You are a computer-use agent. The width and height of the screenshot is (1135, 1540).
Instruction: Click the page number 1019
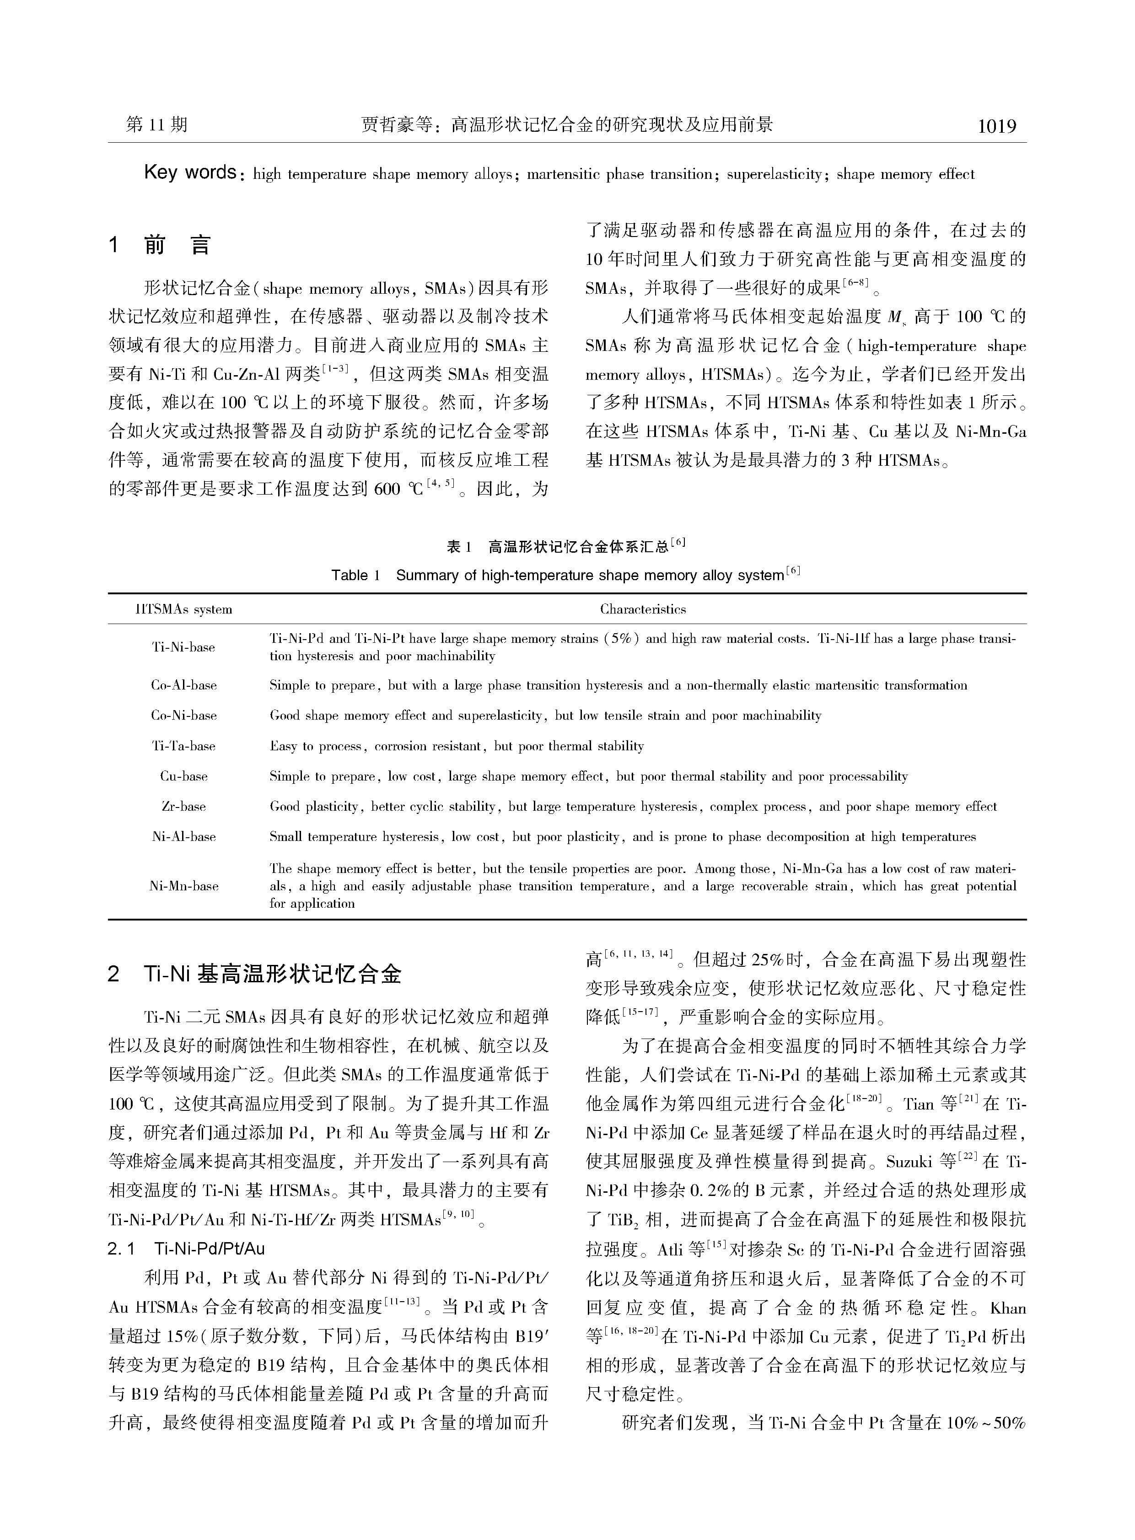tap(996, 126)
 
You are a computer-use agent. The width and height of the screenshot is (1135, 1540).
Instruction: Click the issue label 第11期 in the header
tap(156, 124)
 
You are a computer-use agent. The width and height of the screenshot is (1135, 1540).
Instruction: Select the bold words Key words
tap(190, 172)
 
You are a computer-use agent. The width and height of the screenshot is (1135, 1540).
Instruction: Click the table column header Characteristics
tap(642, 609)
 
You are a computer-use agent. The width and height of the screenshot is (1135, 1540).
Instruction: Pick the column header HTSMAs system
tap(183, 609)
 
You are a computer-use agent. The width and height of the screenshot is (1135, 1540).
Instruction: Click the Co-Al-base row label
tap(183, 685)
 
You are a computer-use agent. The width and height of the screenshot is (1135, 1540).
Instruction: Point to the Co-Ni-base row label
tap(183, 716)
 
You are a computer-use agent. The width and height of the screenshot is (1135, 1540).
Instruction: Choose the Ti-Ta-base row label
tap(183, 746)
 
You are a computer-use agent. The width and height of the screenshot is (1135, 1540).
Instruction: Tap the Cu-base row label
tap(183, 776)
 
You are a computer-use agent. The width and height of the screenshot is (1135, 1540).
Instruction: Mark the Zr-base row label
tap(183, 806)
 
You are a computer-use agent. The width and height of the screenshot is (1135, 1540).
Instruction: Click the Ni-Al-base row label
tap(183, 836)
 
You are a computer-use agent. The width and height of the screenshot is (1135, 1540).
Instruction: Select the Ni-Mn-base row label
tap(183, 886)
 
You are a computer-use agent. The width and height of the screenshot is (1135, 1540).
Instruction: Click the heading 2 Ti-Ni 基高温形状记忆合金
tap(254, 974)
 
